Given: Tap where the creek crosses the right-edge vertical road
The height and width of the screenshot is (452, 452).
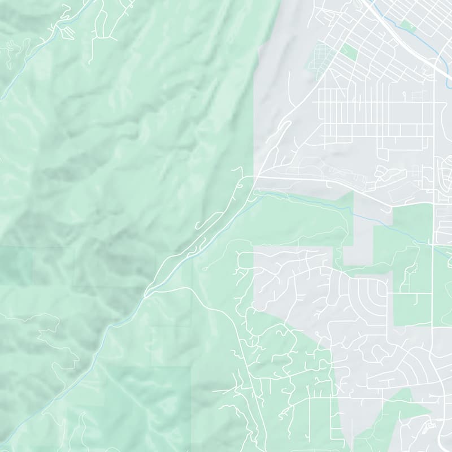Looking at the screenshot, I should click(433, 245).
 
